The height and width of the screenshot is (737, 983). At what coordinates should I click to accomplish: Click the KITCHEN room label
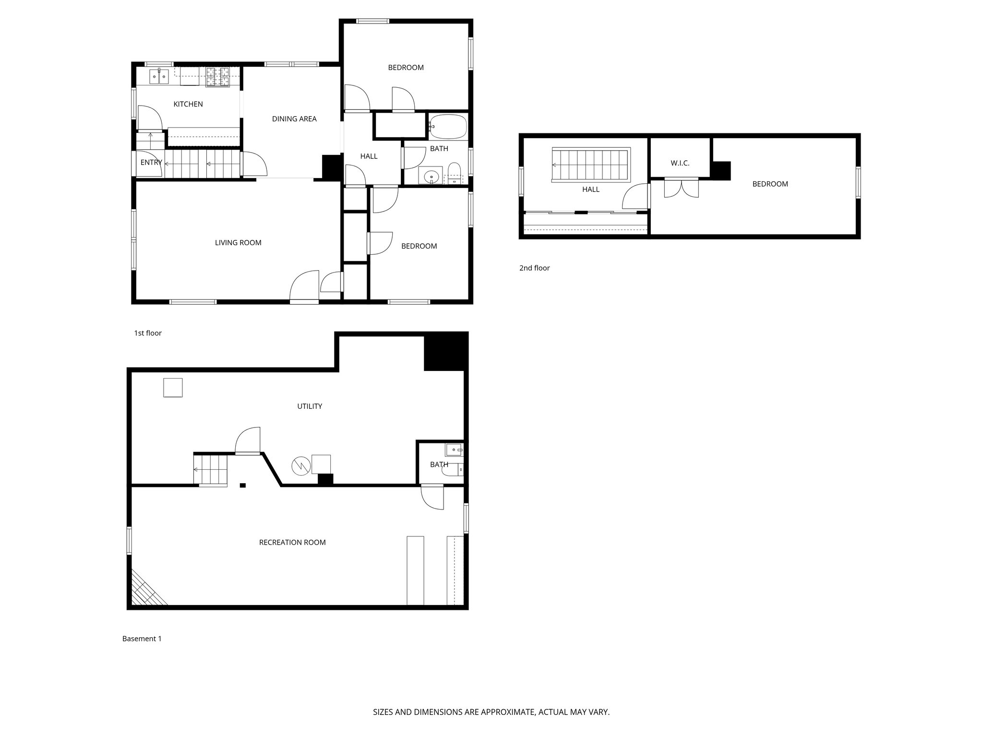[x=188, y=104]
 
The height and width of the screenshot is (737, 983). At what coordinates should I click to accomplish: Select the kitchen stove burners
[x=218, y=77]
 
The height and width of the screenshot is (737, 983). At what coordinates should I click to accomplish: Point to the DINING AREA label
[x=294, y=119]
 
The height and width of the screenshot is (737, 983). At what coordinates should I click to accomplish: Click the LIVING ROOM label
[x=238, y=243]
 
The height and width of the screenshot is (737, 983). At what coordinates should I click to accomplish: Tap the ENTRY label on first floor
[x=151, y=163]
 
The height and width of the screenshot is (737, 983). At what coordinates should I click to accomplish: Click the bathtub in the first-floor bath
[x=448, y=126]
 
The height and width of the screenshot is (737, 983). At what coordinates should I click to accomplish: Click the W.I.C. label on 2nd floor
[x=680, y=164]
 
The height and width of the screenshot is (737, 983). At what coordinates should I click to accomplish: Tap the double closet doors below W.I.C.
[x=681, y=188]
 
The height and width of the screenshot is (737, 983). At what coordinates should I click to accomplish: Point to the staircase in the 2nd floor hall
[x=590, y=165]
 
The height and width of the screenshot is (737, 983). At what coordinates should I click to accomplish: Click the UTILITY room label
[x=309, y=406]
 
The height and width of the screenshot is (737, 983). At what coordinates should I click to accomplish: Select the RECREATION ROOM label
[x=292, y=543]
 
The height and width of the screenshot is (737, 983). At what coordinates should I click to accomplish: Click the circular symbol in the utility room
[x=300, y=465]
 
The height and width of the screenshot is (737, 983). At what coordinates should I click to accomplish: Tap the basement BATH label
[x=439, y=464]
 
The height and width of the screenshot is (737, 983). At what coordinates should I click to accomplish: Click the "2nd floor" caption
[x=534, y=268]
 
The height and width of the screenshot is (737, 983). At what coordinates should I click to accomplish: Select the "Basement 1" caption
[x=142, y=639]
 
